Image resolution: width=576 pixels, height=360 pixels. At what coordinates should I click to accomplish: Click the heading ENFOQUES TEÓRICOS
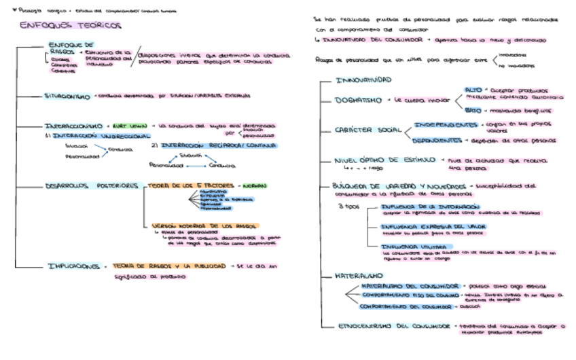(x=71, y=26)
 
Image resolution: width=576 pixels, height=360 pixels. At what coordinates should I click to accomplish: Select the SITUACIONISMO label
(x=67, y=96)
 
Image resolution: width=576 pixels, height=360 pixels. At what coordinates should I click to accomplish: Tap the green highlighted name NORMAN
(x=253, y=185)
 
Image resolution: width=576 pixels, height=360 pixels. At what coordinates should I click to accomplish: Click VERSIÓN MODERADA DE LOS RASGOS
(x=204, y=225)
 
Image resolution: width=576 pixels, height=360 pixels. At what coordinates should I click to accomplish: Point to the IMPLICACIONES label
(x=74, y=266)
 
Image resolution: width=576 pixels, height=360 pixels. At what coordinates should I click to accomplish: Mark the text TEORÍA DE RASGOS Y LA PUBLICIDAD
(x=170, y=266)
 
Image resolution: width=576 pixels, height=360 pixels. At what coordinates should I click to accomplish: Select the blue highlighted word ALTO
(x=473, y=90)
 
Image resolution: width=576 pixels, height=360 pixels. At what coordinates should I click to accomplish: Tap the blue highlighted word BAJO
(x=473, y=110)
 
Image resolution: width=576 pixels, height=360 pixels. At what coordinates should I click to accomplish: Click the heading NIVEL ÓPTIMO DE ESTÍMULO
(x=385, y=160)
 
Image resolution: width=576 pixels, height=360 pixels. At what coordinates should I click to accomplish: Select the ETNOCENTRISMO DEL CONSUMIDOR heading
(x=394, y=326)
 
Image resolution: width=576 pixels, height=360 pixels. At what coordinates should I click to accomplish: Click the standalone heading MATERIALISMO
(x=359, y=276)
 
